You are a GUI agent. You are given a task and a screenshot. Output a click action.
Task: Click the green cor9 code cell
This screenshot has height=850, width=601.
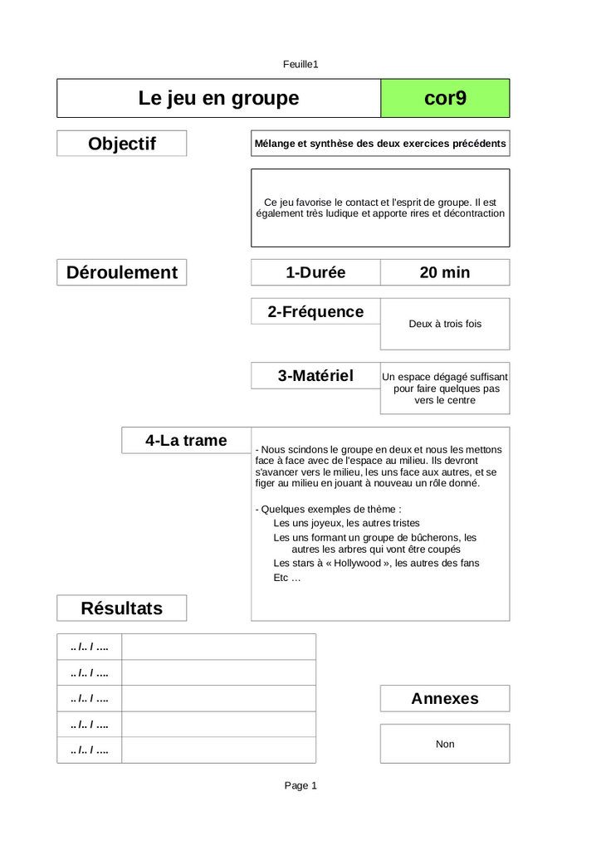pyautogui.click(x=445, y=99)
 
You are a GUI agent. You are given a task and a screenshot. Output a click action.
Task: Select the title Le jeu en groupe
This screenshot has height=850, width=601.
pyautogui.click(x=218, y=99)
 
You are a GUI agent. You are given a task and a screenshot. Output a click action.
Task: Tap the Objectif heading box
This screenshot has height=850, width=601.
pyautogui.click(x=122, y=144)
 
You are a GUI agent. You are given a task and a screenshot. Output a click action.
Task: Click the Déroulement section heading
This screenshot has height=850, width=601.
pyautogui.click(x=122, y=272)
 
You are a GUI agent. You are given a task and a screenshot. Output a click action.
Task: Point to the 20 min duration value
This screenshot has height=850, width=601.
pyautogui.click(x=445, y=272)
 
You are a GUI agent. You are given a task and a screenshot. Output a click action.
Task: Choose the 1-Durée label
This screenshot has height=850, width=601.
pyautogui.click(x=315, y=272)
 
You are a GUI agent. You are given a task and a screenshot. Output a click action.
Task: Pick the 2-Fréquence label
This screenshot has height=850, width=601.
pyautogui.click(x=315, y=312)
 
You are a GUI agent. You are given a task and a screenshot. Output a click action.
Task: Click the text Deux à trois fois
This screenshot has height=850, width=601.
pyautogui.click(x=445, y=324)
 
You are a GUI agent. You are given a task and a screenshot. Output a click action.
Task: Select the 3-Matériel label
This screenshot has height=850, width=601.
pyautogui.click(x=315, y=376)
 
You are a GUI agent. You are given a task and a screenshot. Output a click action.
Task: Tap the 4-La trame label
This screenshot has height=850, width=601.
pyautogui.click(x=186, y=441)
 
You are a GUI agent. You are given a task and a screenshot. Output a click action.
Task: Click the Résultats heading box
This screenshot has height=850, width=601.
pyautogui.click(x=122, y=608)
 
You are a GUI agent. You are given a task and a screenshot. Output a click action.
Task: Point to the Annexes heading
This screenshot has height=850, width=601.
pyautogui.click(x=445, y=699)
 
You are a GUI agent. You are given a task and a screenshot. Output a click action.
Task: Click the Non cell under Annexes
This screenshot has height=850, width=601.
pyautogui.click(x=445, y=745)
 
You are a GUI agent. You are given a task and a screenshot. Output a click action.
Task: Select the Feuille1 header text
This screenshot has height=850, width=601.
pyautogui.click(x=300, y=64)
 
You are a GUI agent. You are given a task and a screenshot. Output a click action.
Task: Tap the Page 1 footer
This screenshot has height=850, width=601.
pyautogui.click(x=300, y=786)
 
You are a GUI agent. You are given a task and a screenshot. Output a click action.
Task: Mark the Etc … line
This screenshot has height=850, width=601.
pyautogui.click(x=287, y=578)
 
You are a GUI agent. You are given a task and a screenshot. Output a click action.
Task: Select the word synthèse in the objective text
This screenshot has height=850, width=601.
pyautogui.click(x=330, y=144)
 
